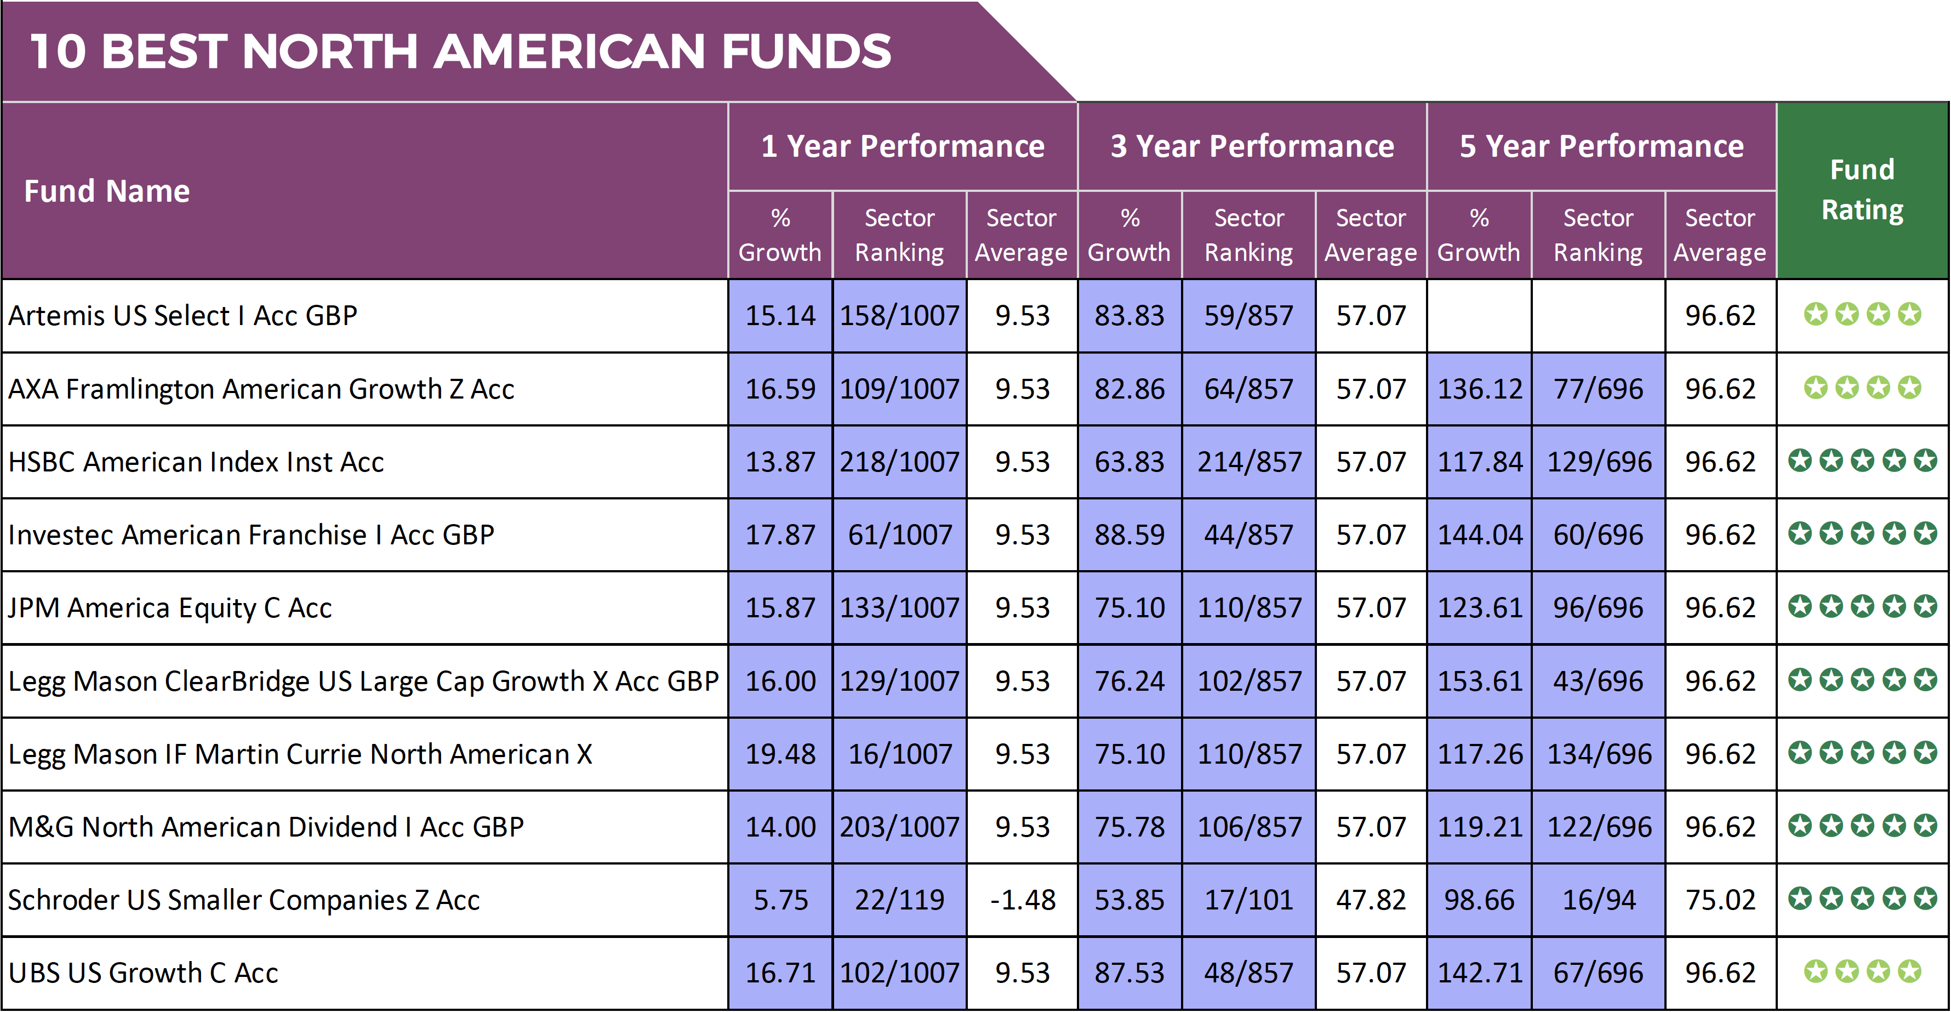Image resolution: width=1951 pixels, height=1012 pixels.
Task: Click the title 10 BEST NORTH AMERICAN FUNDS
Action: click(x=460, y=52)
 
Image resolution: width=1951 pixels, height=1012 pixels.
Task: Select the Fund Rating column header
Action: click(x=1862, y=189)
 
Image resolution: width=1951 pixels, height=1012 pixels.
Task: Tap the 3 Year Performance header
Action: click(x=1251, y=146)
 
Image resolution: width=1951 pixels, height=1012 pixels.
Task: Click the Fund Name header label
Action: click(x=107, y=191)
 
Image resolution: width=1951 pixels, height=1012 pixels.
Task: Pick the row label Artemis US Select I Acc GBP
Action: click(x=182, y=315)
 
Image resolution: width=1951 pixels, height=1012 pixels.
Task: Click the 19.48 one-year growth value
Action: click(x=780, y=754)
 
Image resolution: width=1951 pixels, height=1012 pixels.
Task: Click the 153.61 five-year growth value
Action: click(x=1479, y=681)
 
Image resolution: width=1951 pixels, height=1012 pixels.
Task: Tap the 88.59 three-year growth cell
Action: click(x=1129, y=535)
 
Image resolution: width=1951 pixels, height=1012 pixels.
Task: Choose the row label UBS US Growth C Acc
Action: click(x=143, y=973)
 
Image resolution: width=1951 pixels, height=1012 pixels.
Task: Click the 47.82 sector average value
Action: click(x=1370, y=900)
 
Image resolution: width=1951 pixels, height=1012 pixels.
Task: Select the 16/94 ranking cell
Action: click(x=1598, y=900)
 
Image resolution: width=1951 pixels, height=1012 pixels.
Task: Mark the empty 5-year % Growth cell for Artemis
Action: click(x=1479, y=315)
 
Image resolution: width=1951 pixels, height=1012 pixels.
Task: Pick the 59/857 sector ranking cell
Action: click(x=1248, y=315)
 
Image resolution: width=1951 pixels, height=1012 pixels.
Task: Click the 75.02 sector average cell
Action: click(x=1719, y=900)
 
